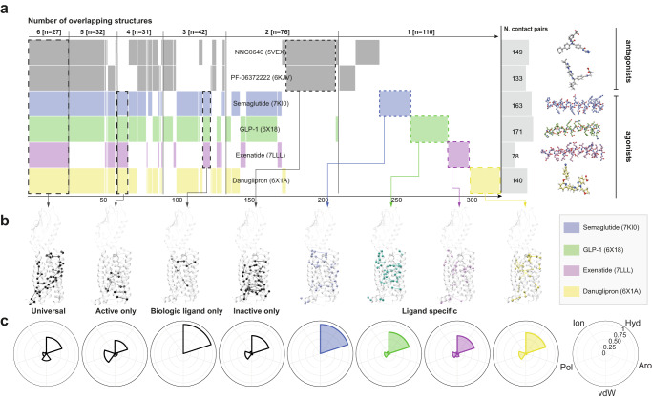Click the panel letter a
[x=8, y=7]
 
